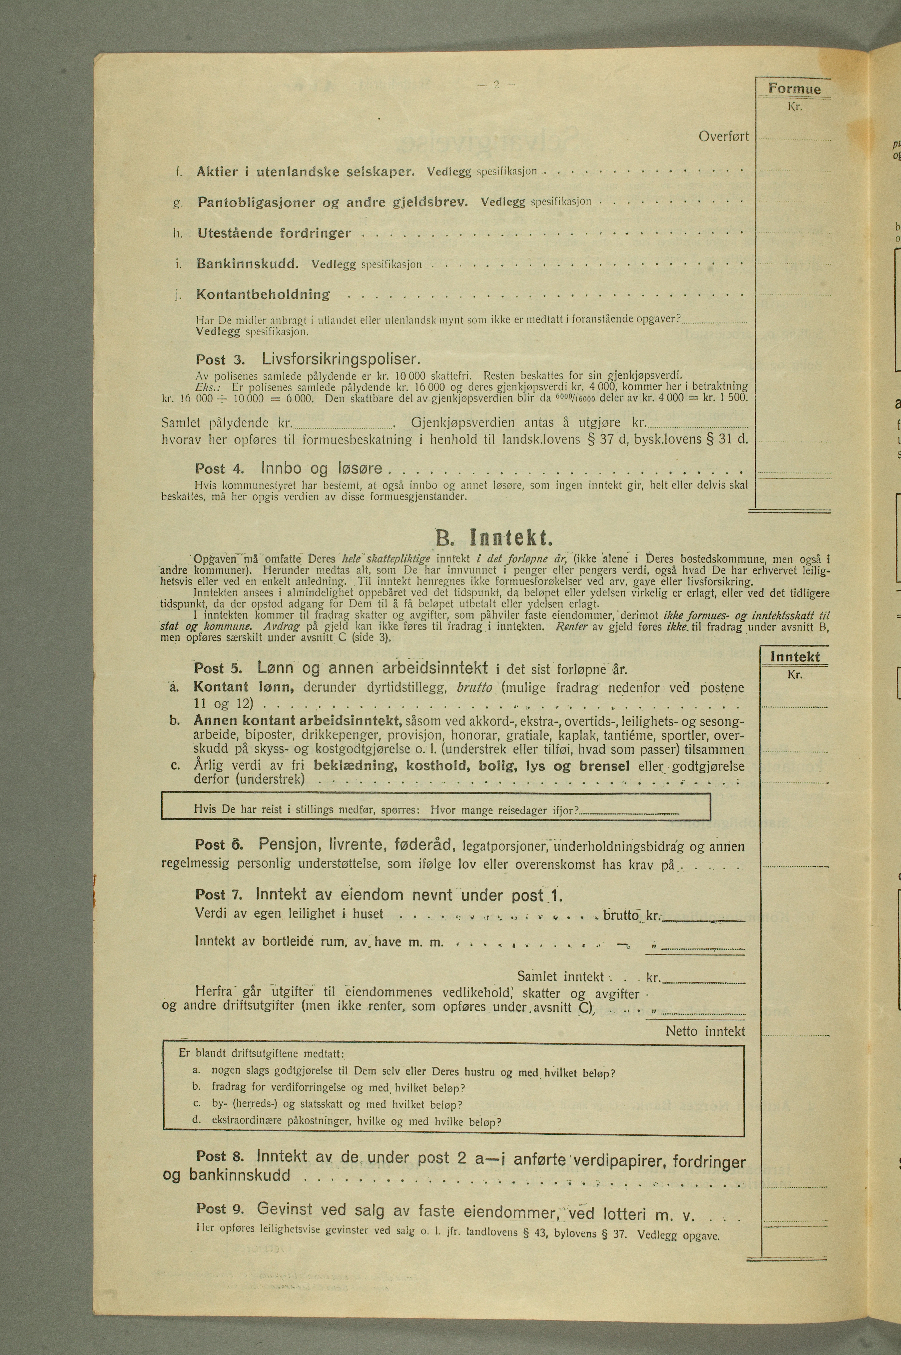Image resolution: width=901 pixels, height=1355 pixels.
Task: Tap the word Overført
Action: pos(723,136)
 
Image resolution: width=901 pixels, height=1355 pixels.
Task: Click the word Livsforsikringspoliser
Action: pos(341,359)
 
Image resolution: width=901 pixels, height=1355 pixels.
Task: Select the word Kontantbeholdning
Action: pos(263,295)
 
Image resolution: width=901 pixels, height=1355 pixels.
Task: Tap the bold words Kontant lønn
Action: pos(229,687)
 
